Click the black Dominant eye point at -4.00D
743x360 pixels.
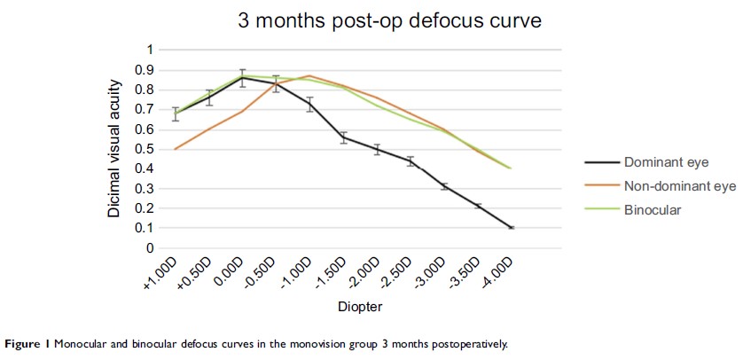512,228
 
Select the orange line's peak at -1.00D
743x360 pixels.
309,75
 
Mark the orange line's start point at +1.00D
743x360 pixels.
175,149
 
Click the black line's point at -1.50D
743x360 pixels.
343,137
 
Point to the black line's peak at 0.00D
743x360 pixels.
242,77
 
